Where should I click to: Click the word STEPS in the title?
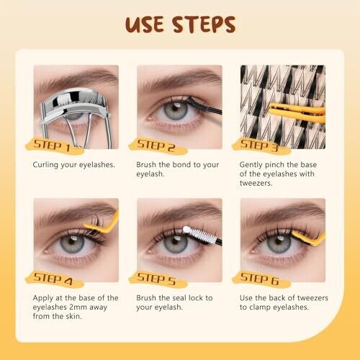(x=204, y=24)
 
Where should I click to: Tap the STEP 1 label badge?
(x=54, y=146)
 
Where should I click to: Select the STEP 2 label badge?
(x=158, y=146)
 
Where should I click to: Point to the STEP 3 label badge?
(x=261, y=146)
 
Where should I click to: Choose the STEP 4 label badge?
(x=54, y=279)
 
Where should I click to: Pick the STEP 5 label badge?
(x=158, y=279)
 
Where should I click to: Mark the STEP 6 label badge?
(x=261, y=279)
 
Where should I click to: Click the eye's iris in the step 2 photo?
(x=176, y=111)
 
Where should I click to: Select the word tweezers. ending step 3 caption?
(x=256, y=183)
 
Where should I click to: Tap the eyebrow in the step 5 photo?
(x=180, y=210)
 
